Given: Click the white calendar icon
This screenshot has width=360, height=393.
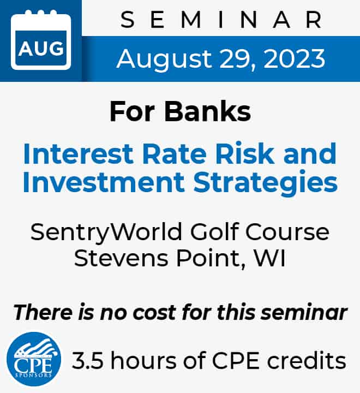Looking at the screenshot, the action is pos(41,40).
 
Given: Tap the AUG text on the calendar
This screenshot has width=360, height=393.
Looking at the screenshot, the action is pos(41,48).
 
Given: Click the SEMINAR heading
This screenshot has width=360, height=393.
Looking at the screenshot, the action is pos(221,20).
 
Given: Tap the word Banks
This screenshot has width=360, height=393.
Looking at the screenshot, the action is pos(208,111).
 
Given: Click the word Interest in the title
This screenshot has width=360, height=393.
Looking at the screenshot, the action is pos(78,153).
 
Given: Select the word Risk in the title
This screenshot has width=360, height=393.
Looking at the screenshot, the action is pos(245,153).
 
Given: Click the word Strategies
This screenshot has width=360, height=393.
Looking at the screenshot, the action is pos(266,183).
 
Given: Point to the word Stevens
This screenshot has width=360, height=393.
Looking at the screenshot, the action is pos(121,258).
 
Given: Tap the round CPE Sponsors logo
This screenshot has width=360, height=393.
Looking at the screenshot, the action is pos(34,359).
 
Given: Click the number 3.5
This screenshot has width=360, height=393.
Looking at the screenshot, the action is pos(87,361).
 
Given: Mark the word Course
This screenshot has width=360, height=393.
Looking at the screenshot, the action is pos(287,232).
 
